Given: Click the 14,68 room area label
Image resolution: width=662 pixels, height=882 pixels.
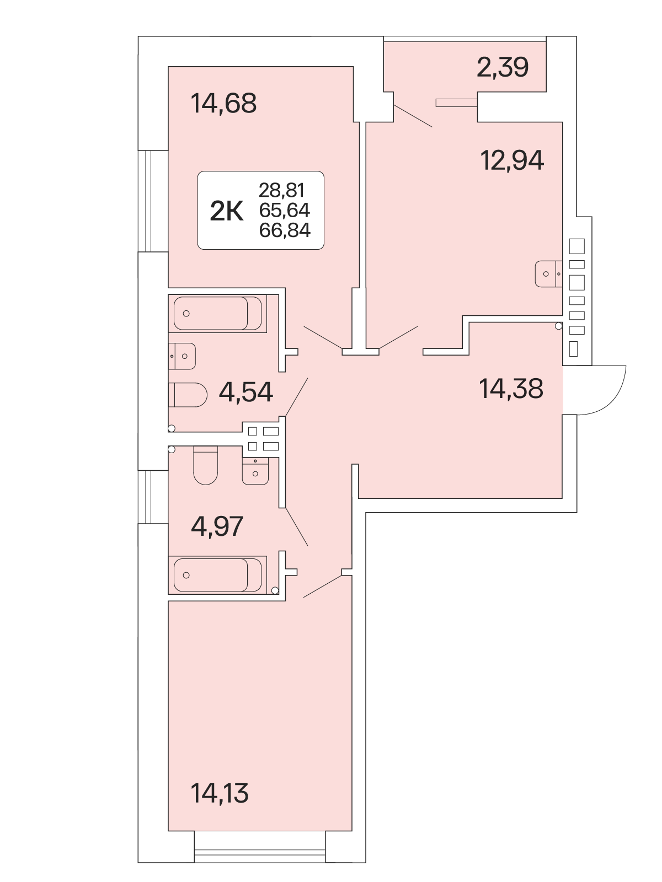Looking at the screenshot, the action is (x=223, y=103).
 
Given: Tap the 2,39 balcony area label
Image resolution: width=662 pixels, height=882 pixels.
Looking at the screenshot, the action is (x=503, y=67).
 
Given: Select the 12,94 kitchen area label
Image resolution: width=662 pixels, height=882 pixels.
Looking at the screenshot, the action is (x=512, y=160).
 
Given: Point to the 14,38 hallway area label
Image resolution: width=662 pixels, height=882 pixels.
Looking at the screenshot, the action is (x=511, y=389).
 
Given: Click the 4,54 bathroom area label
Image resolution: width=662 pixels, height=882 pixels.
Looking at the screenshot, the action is (x=246, y=392).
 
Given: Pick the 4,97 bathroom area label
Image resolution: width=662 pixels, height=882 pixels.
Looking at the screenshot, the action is (x=217, y=526).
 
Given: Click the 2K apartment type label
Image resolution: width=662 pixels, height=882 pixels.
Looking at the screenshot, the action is (x=227, y=211).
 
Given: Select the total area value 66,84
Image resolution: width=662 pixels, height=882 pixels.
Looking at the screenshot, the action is (x=285, y=230).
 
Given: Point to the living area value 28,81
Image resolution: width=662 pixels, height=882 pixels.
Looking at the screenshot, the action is (x=281, y=190).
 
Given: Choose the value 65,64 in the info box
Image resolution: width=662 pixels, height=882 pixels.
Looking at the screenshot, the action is (x=285, y=210).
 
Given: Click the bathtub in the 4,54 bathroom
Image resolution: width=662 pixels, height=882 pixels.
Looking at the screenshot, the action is (x=217, y=314).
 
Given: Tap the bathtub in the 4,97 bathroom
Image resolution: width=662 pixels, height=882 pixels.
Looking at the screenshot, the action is (x=217, y=575).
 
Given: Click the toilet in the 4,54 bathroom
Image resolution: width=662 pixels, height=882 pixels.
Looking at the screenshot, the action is (x=188, y=395).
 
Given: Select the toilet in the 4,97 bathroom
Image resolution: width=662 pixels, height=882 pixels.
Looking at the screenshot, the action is (x=205, y=465).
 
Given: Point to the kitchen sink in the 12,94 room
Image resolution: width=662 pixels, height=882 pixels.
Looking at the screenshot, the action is (x=549, y=274).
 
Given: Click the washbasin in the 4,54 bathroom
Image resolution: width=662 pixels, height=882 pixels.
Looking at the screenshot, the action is (x=182, y=356).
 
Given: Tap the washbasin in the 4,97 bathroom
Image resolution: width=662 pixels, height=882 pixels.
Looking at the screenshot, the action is (x=255, y=471).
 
